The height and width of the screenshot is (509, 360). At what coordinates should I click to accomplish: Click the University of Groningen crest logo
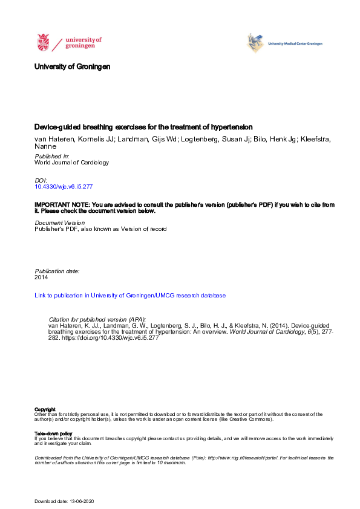click(x=42, y=42)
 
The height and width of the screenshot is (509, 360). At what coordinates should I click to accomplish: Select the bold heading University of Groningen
click(x=73, y=66)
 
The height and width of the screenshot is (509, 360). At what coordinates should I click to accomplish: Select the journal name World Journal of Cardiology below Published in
click(x=72, y=163)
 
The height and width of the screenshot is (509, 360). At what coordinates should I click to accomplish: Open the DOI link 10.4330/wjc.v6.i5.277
click(x=64, y=187)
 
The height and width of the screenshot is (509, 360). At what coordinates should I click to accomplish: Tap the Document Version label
click(x=60, y=223)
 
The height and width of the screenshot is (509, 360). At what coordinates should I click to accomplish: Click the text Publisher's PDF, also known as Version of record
click(x=100, y=229)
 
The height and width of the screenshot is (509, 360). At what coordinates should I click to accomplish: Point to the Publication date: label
click(x=57, y=271)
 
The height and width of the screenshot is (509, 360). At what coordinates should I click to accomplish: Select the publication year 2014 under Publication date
click(x=41, y=277)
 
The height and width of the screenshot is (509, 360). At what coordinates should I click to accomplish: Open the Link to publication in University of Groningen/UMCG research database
click(x=130, y=296)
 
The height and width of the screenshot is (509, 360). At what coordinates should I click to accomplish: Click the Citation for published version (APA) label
click(x=97, y=319)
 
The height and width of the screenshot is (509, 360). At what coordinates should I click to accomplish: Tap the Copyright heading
click(x=45, y=409)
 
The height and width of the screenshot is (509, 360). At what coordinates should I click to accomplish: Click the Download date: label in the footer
click(x=50, y=502)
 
